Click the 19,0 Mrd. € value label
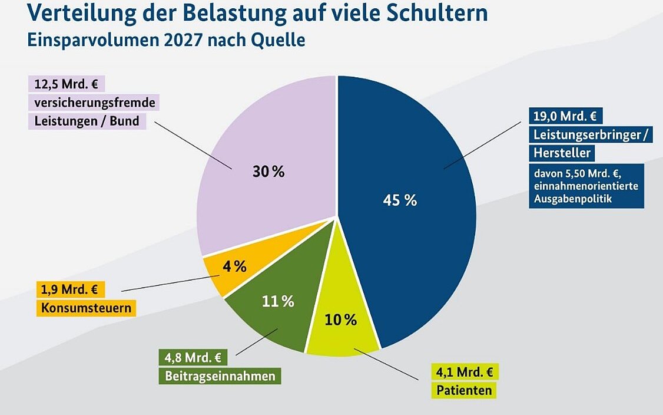565,116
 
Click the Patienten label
464,390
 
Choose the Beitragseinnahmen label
220,376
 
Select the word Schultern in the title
430,12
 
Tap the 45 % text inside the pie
400,200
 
